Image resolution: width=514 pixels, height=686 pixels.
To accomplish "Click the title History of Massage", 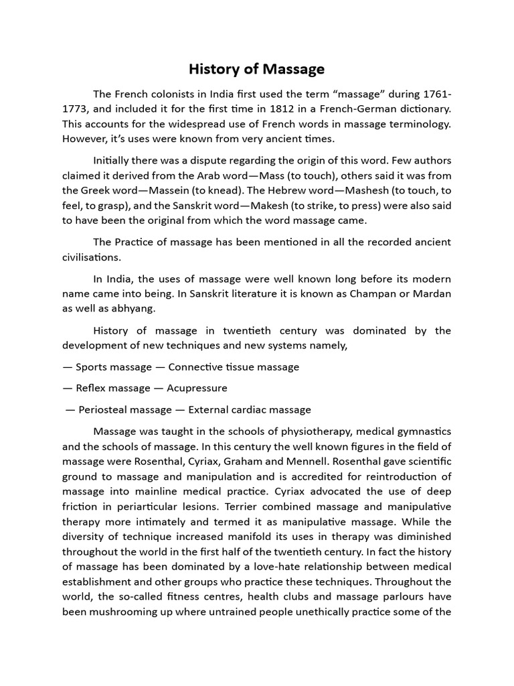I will click(256, 69).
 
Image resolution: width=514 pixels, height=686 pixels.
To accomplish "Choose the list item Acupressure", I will click(198, 388).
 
